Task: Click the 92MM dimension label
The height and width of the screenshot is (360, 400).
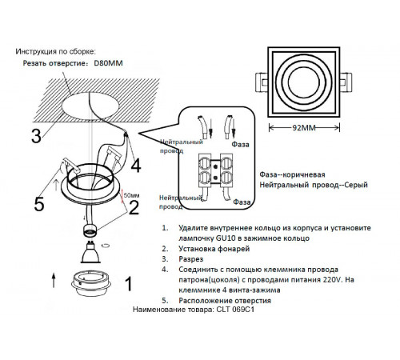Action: coord(304,128)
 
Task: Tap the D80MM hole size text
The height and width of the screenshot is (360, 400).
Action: coord(108,63)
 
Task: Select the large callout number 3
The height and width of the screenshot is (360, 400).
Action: coord(37,136)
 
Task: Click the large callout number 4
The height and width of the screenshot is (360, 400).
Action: coord(135,166)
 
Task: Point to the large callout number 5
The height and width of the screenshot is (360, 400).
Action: coord(39,204)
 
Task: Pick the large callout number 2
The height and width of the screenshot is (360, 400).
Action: coord(134,207)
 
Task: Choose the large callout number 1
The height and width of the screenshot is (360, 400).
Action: coord(129,284)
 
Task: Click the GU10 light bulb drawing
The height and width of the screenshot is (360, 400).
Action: coord(90,252)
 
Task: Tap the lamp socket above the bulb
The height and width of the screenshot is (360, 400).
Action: coord(90,230)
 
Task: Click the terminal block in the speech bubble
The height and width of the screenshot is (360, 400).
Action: coord(215,170)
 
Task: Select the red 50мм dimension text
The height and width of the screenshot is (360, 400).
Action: coord(131,195)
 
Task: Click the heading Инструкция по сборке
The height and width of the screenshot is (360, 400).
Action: coord(55,51)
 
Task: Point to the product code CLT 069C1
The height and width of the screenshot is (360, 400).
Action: coord(235,310)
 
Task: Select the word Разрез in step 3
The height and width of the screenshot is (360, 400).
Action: coord(191,259)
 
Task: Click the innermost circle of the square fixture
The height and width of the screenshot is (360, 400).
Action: coord(304,82)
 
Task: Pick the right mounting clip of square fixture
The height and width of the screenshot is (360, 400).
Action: coord(346,82)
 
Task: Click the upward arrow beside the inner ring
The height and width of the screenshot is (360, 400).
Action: coord(54,280)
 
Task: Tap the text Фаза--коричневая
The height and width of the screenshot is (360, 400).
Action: coord(292,174)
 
